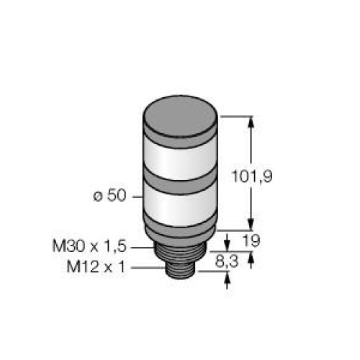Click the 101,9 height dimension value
click(x=252, y=176)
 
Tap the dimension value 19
click(x=251, y=240)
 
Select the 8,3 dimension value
click(x=227, y=261)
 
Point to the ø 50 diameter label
click(x=109, y=195)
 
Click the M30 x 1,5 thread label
click(x=89, y=246)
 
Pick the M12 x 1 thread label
click(x=96, y=267)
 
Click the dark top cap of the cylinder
click(x=180, y=116)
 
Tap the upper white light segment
click(x=180, y=161)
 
